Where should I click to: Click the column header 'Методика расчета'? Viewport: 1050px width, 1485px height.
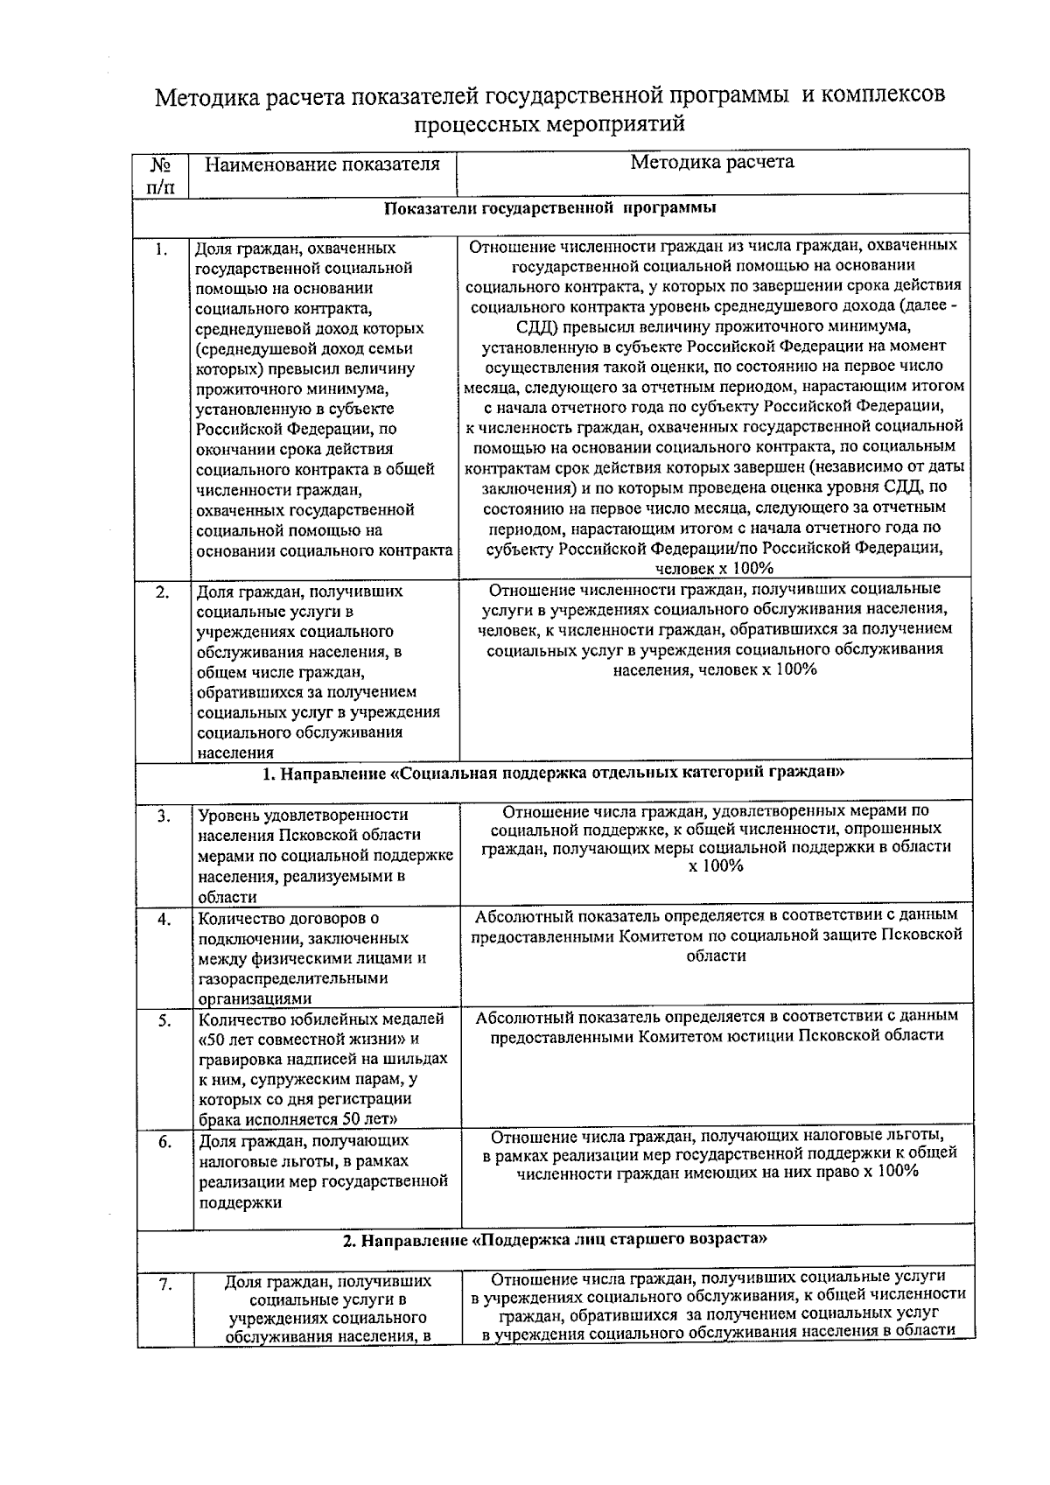tap(713, 162)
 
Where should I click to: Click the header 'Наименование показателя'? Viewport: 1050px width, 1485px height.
tap(322, 165)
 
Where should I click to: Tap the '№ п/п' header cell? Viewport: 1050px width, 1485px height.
tap(160, 175)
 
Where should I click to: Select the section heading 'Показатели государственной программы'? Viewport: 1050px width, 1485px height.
tap(551, 208)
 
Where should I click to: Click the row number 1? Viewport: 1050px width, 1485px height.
tap(161, 250)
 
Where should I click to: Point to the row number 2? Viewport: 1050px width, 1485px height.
tap(162, 592)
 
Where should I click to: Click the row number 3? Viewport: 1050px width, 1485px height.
tap(164, 817)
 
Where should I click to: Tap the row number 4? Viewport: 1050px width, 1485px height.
tap(164, 920)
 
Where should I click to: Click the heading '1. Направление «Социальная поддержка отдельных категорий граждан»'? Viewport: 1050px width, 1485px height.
tap(554, 774)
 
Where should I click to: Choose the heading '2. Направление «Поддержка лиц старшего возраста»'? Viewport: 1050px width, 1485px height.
tap(556, 1240)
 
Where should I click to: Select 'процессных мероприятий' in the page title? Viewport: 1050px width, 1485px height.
tap(549, 124)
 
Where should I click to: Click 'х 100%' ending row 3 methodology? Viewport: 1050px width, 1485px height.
tap(716, 867)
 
